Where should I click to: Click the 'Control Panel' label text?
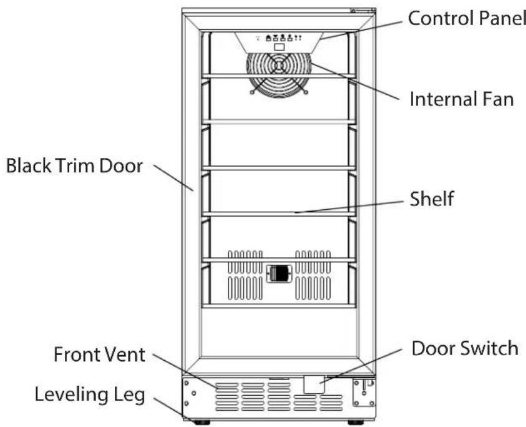point(467,18)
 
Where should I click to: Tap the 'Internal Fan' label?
point(462,99)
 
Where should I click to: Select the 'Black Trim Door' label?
point(74,165)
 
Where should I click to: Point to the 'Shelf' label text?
point(432,199)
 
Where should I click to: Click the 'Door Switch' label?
point(465,348)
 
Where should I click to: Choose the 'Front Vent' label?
point(99,355)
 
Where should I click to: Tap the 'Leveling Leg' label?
point(90,395)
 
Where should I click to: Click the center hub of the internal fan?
point(279,66)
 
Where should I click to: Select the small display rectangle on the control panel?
point(279,47)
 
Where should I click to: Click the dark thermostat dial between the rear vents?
point(279,273)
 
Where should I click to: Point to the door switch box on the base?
point(314,384)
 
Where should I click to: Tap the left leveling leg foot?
point(201,422)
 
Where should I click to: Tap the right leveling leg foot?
point(356,422)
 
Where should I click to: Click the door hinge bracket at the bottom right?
point(364,392)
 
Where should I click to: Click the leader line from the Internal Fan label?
point(354,81)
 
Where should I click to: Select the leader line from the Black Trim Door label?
point(173,177)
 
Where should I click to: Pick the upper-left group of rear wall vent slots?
point(245,262)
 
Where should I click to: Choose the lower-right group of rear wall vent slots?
point(313,288)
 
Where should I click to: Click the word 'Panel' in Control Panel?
point(502,18)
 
